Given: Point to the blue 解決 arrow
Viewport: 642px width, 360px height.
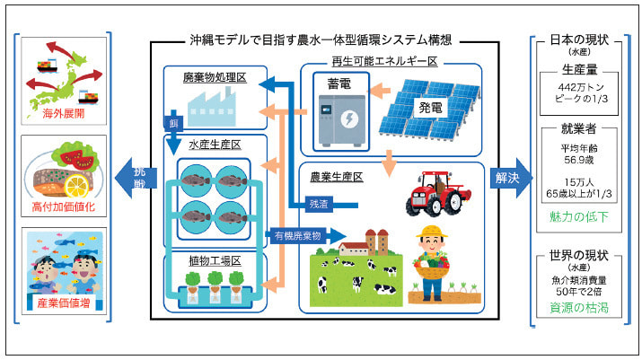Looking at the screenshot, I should tap(507, 178).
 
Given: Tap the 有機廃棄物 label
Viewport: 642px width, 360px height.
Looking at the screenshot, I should tap(297, 235).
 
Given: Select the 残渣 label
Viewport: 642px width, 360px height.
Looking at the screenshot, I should tap(319, 203).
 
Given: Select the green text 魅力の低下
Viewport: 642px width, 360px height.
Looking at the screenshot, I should tap(579, 217).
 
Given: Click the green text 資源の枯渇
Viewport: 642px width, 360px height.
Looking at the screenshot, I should tap(579, 306).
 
